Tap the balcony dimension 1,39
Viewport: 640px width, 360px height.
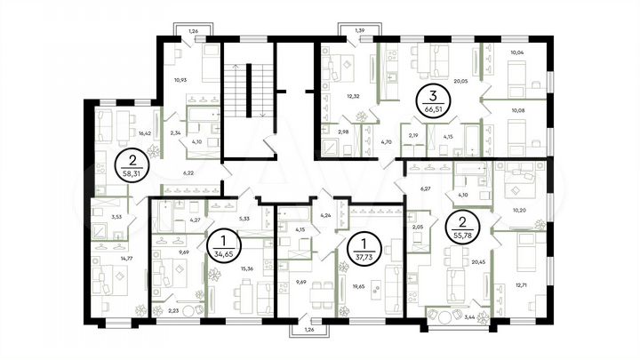click(360, 31)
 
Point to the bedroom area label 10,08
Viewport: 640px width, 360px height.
click(516, 112)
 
